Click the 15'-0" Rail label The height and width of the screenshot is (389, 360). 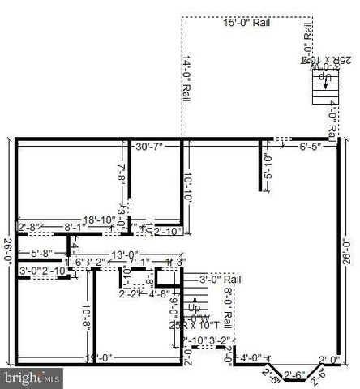246,24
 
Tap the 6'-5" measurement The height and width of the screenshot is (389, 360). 311,147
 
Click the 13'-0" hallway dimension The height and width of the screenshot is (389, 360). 125,255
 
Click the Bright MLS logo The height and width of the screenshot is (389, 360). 32,378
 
